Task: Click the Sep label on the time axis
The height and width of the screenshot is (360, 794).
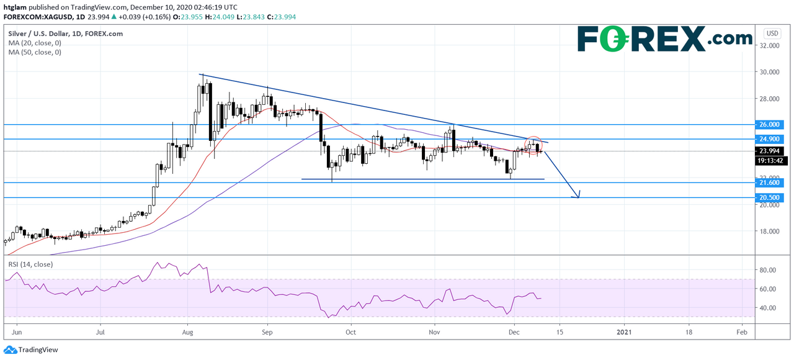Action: (267, 332)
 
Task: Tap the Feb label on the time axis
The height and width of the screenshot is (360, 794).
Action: (741, 332)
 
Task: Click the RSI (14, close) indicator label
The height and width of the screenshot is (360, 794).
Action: (30, 264)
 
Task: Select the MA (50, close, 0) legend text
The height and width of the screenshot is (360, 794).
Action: (35, 53)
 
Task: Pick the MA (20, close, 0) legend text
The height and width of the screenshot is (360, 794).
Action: (35, 43)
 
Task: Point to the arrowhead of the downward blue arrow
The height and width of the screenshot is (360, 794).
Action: (578, 196)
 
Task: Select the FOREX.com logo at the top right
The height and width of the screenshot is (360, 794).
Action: (664, 38)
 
